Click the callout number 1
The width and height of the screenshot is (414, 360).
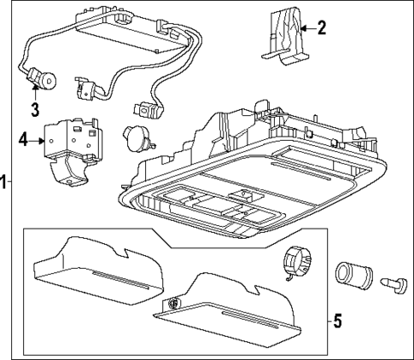4,181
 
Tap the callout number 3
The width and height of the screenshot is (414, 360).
35,109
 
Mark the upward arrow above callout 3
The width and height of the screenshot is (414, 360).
35,92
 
